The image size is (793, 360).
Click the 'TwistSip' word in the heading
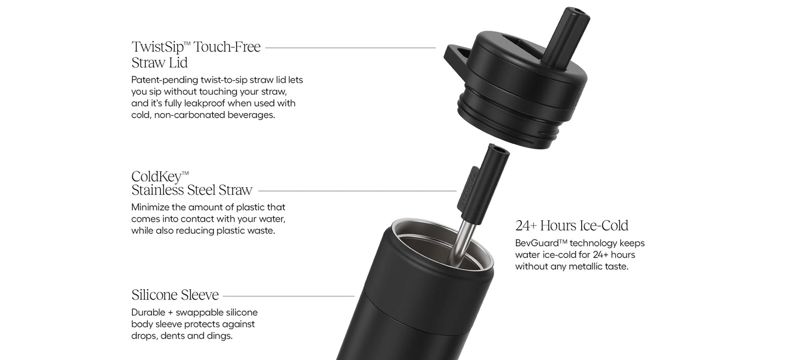tap(158, 47)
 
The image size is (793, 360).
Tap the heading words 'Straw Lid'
tap(159, 63)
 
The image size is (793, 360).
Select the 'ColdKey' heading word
tap(156, 177)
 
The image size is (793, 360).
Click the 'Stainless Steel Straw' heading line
tap(192, 190)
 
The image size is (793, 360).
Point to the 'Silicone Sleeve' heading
tap(175, 295)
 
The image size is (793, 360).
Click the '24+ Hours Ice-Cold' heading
tap(572, 226)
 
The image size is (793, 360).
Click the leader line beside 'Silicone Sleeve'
tap(289, 296)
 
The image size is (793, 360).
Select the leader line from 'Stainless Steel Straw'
tap(357, 191)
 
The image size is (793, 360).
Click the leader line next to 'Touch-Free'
tap(351, 47)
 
